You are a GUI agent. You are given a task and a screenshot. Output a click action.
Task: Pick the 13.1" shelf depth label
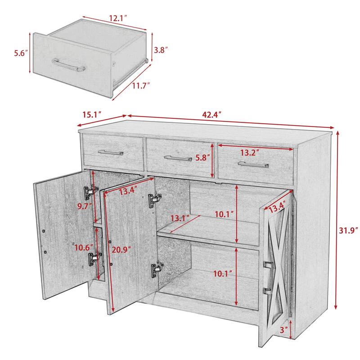pyautogui.click(x=179, y=218)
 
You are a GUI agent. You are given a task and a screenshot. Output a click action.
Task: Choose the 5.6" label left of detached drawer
pyautogui.click(x=20, y=53)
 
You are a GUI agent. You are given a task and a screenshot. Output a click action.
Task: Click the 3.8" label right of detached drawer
pyautogui.click(x=160, y=51)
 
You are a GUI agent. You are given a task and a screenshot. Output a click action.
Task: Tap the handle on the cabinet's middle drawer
pyautogui.click(x=178, y=158)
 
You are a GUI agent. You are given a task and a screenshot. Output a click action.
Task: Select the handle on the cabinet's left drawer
pyautogui.click(x=110, y=152)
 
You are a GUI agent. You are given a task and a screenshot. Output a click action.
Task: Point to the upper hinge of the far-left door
pyautogui.click(x=89, y=192)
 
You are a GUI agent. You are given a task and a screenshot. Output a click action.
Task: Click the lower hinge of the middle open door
pyautogui.click(x=156, y=269)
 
